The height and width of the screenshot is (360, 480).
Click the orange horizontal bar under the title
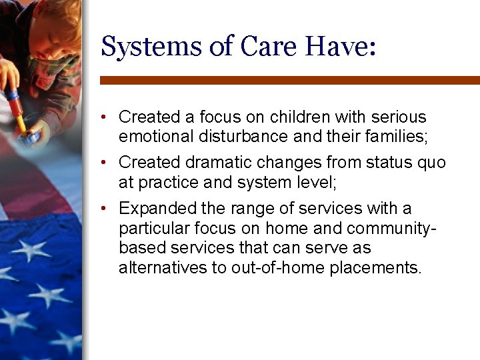tap(289, 80)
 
